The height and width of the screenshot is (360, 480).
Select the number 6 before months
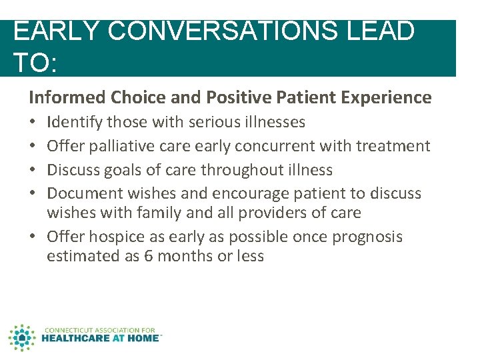148,256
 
